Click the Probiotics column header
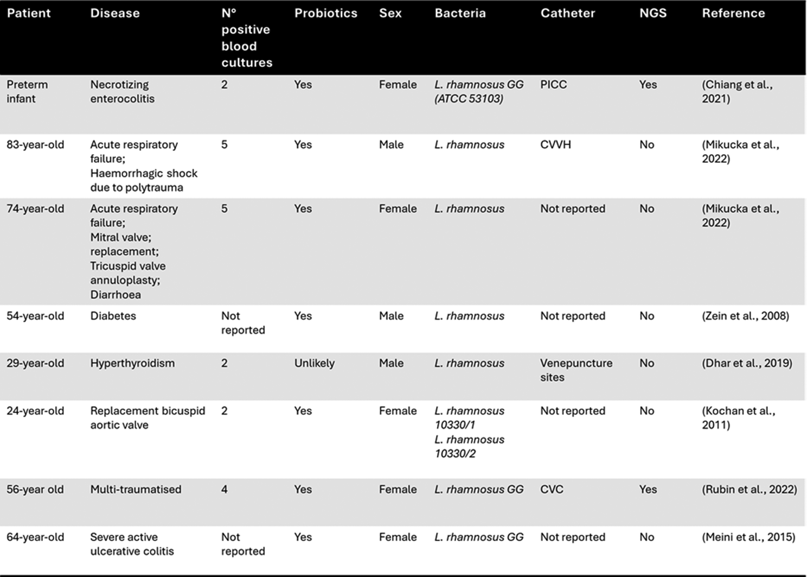(x=325, y=13)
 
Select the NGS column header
(x=652, y=13)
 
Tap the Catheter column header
(x=567, y=13)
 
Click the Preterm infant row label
(x=27, y=91)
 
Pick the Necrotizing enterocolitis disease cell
(x=122, y=91)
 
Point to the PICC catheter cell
(x=553, y=85)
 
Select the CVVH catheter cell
(x=555, y=145)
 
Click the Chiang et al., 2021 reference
(x=737, y=91)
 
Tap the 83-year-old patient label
(x=35, y=145)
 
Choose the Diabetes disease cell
(x=113, y=316)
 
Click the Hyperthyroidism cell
(x=132, y=363)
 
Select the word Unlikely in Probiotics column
(x=314, y=363)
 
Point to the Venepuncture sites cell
(x=576, y=370)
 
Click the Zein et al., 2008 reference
(x=745, y=316)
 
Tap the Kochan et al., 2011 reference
(x=738, y=417)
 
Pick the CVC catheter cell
(x=552, y=489)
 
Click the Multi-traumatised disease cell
(x=136, y=489)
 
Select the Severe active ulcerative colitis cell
(x=132, y=543)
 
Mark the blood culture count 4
(x=225, y=489)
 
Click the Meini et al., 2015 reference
(x=748, y=537)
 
